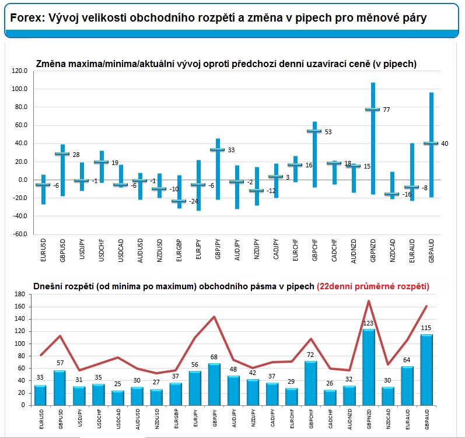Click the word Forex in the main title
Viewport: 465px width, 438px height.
pos(27,17)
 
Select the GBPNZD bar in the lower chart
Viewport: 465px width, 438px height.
pos(368,367)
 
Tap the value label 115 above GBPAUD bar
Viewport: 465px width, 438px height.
pos(426,328)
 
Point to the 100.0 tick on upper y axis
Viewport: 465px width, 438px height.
pos(20,89)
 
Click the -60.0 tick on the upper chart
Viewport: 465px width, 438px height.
pos(20,234)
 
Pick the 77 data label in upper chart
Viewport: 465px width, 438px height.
pos(386,110)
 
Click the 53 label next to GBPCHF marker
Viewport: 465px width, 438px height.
pos(328,132)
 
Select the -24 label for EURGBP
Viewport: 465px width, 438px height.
pos(193,202)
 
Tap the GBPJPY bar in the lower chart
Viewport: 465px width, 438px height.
pos(214,384)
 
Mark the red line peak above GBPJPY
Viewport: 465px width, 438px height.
pos(214,317)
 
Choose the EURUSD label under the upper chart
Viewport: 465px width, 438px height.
pos(43,250)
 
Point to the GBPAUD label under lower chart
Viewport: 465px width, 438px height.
pos(427,419)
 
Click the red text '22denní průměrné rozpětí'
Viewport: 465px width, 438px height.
pos(373,286)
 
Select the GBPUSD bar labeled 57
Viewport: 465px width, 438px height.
pos(60,388)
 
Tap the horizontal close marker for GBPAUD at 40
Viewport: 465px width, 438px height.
pos(431,143)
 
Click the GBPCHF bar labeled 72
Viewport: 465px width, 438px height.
pos(310,383)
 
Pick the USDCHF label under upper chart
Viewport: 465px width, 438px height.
pos(102,250)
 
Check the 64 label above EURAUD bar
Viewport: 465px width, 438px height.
pos(407,360)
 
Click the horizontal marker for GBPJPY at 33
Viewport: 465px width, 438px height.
pos(218,150)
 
